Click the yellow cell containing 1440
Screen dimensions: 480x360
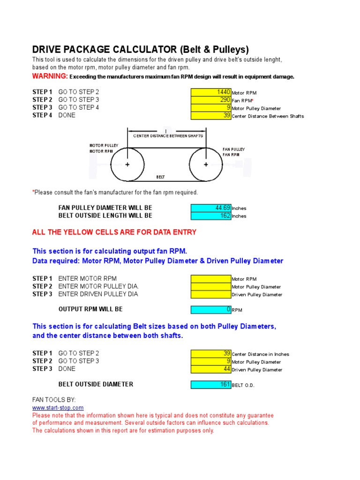[211, 92]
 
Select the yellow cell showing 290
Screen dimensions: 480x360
[211, 100]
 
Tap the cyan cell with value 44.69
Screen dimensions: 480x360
[211, 208]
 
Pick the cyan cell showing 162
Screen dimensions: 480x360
[211, 216]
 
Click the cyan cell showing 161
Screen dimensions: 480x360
[211, 384]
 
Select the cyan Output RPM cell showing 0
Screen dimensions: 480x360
[211, 309]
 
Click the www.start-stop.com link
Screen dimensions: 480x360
[58, 408]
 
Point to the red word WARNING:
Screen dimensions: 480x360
[50, 76]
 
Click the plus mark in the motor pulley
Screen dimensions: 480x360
[127, 165]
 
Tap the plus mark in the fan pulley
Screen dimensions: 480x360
[206, 165]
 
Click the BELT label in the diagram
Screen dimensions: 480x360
[160, 177]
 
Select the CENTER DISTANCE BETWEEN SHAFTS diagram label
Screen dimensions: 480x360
[168, 136]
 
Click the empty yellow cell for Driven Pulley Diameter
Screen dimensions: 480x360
[211, 294]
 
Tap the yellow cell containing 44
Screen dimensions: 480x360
[211, 369]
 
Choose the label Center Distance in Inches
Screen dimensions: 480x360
[260, 354]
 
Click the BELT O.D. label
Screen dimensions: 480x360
[243, 385]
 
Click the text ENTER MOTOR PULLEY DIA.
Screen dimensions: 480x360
[98, 286]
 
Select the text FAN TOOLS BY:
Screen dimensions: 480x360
[51, 400]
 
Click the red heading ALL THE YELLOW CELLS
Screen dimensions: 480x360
[114, 232]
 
